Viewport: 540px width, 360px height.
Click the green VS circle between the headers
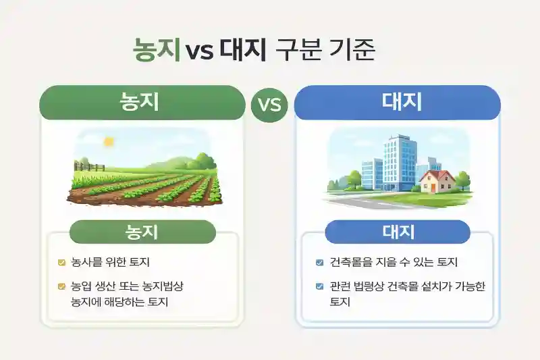pos(269,105)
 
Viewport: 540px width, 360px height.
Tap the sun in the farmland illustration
pos(108,141)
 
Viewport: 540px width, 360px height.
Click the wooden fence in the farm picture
pos(90,166)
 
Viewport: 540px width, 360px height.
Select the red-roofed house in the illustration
pos(437,181)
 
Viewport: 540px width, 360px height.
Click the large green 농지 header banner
pos(142,103)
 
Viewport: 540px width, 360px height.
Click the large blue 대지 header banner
pos(398,103)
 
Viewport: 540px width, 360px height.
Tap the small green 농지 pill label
pos(142,232)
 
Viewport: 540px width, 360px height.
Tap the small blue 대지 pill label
pos(397,232)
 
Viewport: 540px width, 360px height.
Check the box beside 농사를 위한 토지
pos(61,262)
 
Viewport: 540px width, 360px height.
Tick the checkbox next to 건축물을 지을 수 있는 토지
pos(319,262)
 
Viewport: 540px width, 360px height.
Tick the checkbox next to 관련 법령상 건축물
pos(319,286)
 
